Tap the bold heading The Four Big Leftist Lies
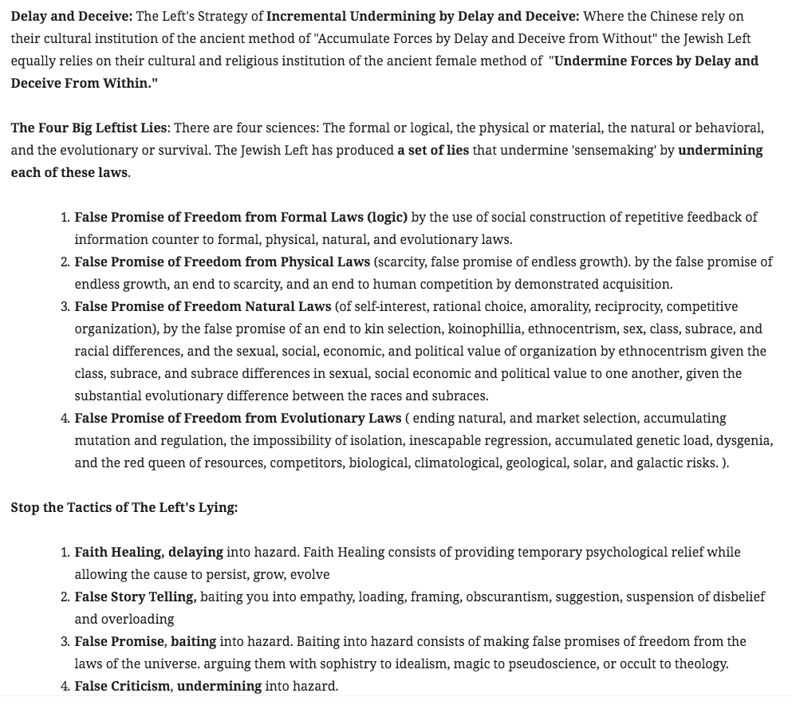tap(91, 128)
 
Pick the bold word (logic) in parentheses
tap(388, 217)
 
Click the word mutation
tap(101, 440)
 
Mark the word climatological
tap(457, 463)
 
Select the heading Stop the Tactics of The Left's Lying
tap(124, 507)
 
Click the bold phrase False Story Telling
tap(135, 597)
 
